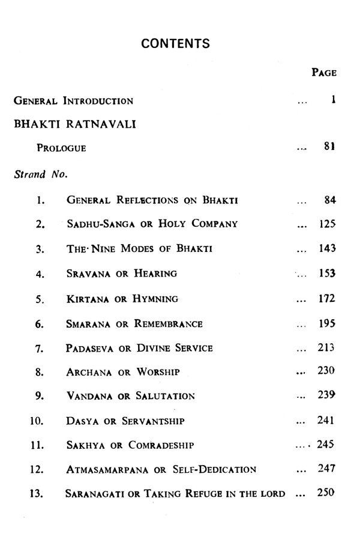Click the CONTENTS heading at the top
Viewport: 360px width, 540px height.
pyautogui.click(x=175, y=43)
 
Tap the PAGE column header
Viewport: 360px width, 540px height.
pyautogui.click(x=324, y=73)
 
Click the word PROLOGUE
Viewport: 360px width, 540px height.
pyautogui.click(x=61, y=148)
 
